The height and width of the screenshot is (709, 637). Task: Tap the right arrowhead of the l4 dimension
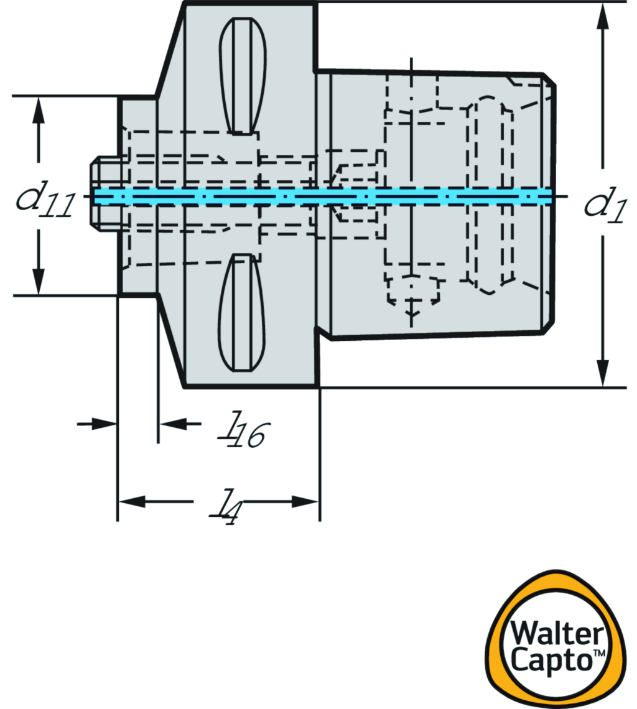306,501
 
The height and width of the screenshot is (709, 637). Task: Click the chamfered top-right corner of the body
550,79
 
